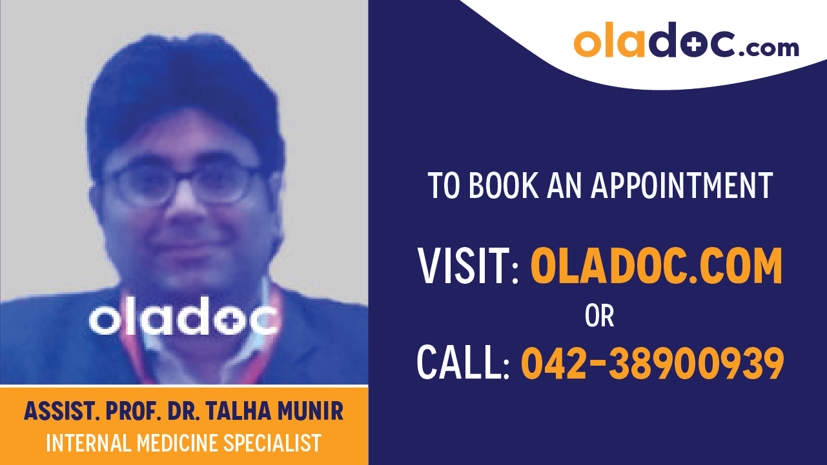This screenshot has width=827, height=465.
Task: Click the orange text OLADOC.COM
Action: click(656, 266)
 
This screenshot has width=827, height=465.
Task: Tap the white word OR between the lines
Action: click(599, 316)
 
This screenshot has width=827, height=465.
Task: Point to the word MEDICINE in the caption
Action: click(176, 443)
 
